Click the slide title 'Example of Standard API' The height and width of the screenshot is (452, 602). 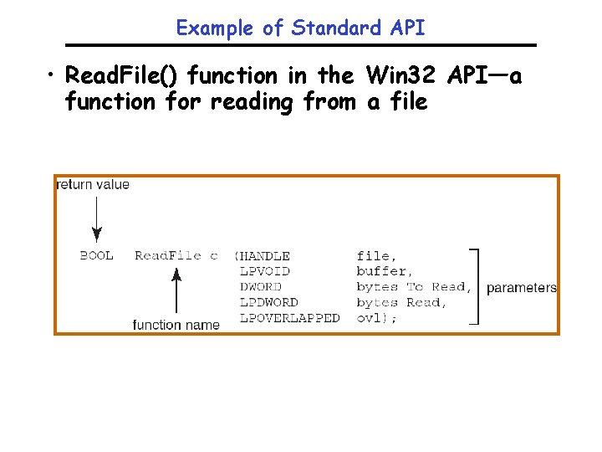pyautogui.click(x=300, y=28)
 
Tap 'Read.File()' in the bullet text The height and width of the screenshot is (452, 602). pyautogui.click(x=124, y=75)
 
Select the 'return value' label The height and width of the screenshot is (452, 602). pyautogui.click(x=93, y=184)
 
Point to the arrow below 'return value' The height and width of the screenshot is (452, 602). pyautogui.click(x=97, y=219)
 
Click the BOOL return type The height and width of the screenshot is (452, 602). pyautogui.click(x=97, y=255)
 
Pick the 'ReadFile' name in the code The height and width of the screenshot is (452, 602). pyautogui.click(x=168, y=255)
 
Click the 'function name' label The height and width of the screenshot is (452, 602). pyautogui.click(x=176, y=325)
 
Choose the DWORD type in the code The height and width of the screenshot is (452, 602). pyautogui.click(x=260, y=287)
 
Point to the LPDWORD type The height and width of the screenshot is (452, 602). pyautogui.click(x=268, y=302)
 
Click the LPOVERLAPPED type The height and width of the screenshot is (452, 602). pyautogui.click(x=289, y=318)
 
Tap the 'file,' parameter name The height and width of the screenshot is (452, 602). pyautogui.click(x=377, y=256)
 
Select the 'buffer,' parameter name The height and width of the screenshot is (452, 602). pyautogui.click(x=384, y=271)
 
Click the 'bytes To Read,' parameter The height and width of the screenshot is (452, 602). pyautogui.click(x=414, y=287)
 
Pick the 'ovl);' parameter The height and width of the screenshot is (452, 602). pyautogui.click(x=377, y=318)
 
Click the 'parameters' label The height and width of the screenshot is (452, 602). pyautogui.click(x=521, y=288)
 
